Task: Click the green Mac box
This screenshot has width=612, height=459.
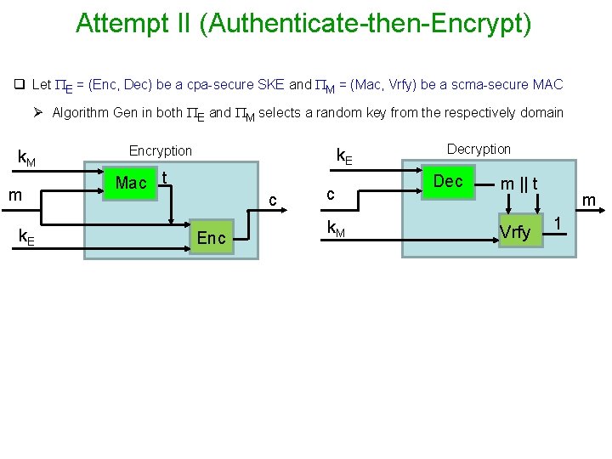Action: click(131, 183)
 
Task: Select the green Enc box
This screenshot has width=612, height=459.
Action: click(211, 238)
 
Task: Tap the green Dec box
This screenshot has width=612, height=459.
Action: click(448, 181)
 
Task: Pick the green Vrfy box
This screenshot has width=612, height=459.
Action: click(515, 232)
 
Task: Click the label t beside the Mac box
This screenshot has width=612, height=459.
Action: click(164, 177)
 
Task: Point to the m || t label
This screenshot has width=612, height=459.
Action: click(518, 184)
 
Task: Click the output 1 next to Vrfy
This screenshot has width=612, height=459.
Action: click(558, 223)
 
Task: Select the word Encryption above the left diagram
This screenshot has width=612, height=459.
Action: click(161, 150)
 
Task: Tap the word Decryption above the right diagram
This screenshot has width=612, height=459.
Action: click(479, 149)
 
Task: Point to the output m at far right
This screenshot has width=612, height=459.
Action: click(587, 201)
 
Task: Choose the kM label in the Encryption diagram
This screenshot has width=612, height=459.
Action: click(27, 157)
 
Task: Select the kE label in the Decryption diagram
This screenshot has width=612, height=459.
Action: click(344, 156)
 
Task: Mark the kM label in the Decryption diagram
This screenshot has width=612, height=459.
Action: click(336, 227)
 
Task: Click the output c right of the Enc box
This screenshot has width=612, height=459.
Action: click(272, 201)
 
